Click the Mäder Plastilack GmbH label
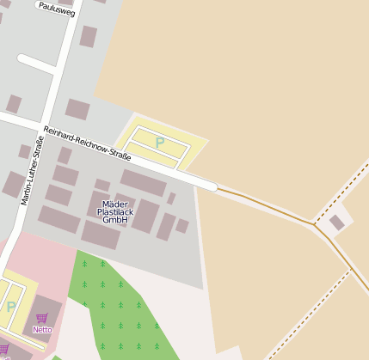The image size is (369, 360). pos(114,211)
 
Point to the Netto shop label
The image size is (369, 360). pos(42,329)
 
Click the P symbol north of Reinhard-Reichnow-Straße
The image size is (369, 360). pos(159,143)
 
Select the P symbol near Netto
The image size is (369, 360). pos(11,307)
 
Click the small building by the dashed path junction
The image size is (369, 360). pos(336,223)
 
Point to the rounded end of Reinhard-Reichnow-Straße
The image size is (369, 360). pos(209,184)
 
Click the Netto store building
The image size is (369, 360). pos(47,311)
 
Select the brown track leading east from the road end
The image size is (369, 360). pos(267,203)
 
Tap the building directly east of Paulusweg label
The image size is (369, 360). pos(88,36)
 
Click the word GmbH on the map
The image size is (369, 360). pos(114,220)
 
